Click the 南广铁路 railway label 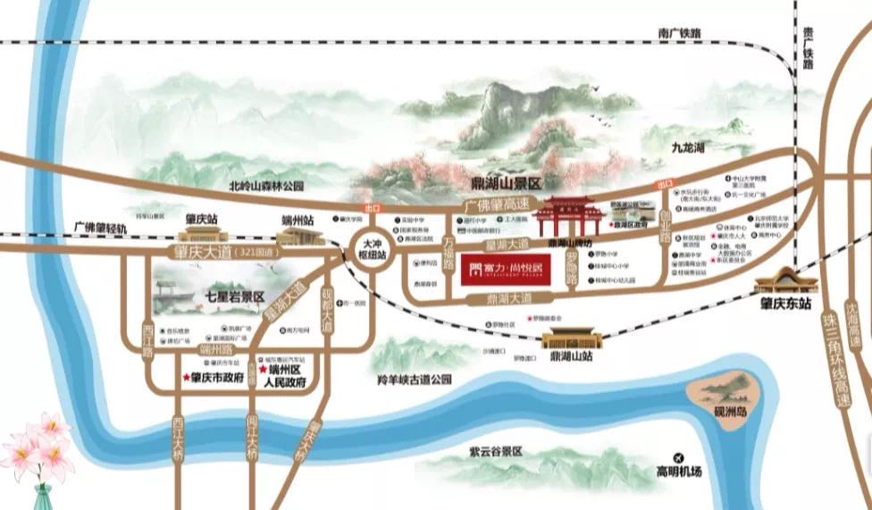(679, 32)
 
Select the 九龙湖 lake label (689, 146)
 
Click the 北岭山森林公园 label (266, 187)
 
